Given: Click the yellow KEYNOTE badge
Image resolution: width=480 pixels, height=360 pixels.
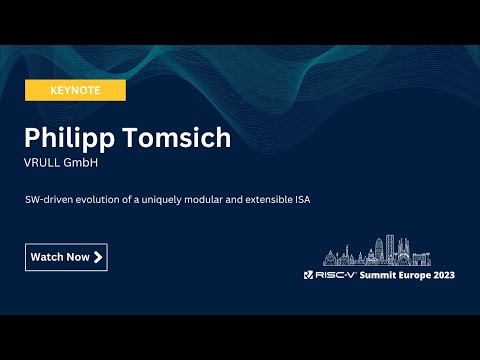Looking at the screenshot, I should pyautogui.click(x=76, y=90).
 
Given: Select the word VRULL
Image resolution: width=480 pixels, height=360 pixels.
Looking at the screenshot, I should pyautogui.click(x=43, y=163).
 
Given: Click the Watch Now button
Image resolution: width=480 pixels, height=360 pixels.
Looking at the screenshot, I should pyautogui.click(x=66, y=257).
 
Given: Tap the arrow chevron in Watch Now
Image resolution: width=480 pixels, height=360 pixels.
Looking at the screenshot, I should pyautogui.click(x=98, y=257).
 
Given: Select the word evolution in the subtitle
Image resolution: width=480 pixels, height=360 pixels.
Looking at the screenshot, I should pyautogui.click(x=99, y=200).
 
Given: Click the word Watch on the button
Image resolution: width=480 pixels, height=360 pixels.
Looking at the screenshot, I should pyautogui.click(x=47, y=257).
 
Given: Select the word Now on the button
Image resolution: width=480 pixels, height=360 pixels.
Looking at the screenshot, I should pyautogui.click(x=78, y=257).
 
